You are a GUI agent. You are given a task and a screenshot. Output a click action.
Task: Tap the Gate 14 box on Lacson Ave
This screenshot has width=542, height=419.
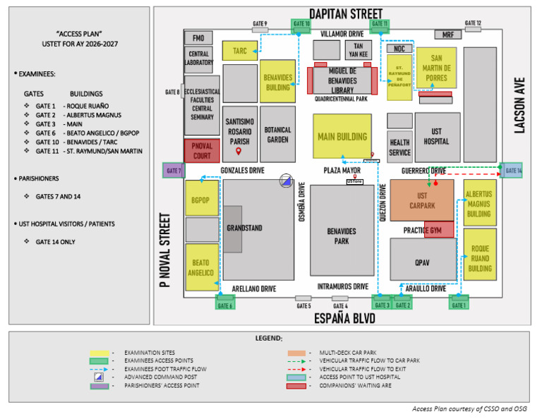[513, 170]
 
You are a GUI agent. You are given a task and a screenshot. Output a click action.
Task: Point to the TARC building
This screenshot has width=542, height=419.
[239, 51]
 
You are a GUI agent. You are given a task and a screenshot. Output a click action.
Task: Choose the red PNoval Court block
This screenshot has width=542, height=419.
[202, 151]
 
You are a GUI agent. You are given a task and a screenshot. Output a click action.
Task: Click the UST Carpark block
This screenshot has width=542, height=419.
[422, 200]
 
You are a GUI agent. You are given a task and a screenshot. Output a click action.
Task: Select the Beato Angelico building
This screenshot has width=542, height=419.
[201, 267]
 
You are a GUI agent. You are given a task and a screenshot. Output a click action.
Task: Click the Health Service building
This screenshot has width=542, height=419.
[399, 147]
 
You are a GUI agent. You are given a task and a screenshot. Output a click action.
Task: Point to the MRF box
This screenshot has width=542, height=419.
[447, 35]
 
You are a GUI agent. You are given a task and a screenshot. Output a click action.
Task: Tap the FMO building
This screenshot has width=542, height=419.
[198, 38]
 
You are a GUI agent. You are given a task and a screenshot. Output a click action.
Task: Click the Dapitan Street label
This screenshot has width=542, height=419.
[346, 13]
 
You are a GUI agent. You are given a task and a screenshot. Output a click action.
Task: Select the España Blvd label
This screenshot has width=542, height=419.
[345, 319]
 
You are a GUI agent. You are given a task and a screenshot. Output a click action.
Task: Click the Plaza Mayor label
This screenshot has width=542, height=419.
[342, 171]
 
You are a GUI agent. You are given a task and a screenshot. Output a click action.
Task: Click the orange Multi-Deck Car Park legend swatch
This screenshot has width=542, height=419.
[296, 352]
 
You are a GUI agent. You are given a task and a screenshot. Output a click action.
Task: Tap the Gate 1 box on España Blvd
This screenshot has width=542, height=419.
[459, 303]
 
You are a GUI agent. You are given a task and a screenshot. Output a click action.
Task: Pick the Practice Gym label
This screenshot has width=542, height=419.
[423, 230]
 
